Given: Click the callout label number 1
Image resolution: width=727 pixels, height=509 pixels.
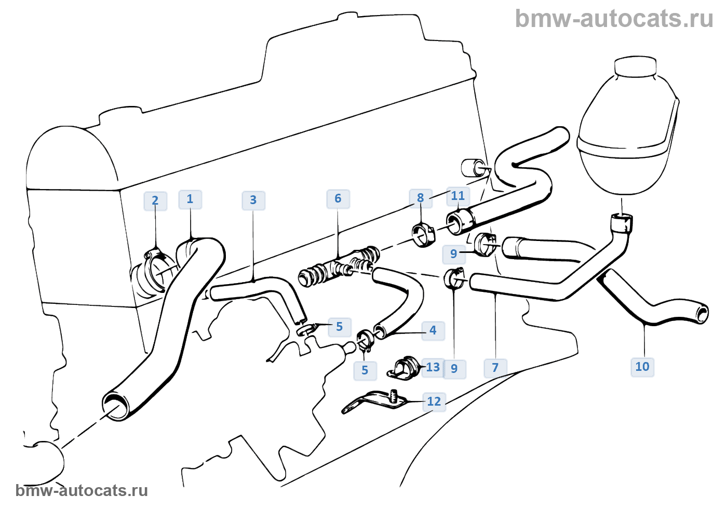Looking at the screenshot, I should [x=190, y=199].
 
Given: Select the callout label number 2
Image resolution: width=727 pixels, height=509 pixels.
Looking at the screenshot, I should [x=155, y=201].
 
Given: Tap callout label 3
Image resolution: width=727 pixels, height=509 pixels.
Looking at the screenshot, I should [x=253, y=200].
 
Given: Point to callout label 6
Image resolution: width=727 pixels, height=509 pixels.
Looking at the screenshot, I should [x=338, y=199].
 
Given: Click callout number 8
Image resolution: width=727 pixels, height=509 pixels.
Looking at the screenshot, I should [x=421, y=198].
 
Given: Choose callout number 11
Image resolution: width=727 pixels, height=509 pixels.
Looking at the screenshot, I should [x=458, y=196].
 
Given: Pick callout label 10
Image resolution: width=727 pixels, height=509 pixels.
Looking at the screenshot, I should [x=642, y=367].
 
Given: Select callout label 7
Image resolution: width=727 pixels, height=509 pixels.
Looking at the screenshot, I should [x=495, y=368].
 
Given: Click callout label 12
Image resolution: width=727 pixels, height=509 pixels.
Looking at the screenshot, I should [x=434, y=401].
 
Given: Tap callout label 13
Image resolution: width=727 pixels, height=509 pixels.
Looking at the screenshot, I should [x=433, y=368].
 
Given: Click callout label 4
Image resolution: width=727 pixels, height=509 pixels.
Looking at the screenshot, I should [x=433, y=330].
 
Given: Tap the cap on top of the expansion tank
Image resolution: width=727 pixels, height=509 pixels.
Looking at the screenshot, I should [x=635, y=67].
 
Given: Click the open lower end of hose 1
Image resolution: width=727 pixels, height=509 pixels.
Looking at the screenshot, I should [x=116, y=405].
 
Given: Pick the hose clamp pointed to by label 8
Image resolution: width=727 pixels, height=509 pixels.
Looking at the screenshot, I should [x=423, y=235].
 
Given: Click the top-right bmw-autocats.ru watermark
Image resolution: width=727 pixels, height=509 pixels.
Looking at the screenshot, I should [x=614, y=19].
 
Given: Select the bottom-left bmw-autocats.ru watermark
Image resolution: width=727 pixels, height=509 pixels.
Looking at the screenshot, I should [x=82, y=490].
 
